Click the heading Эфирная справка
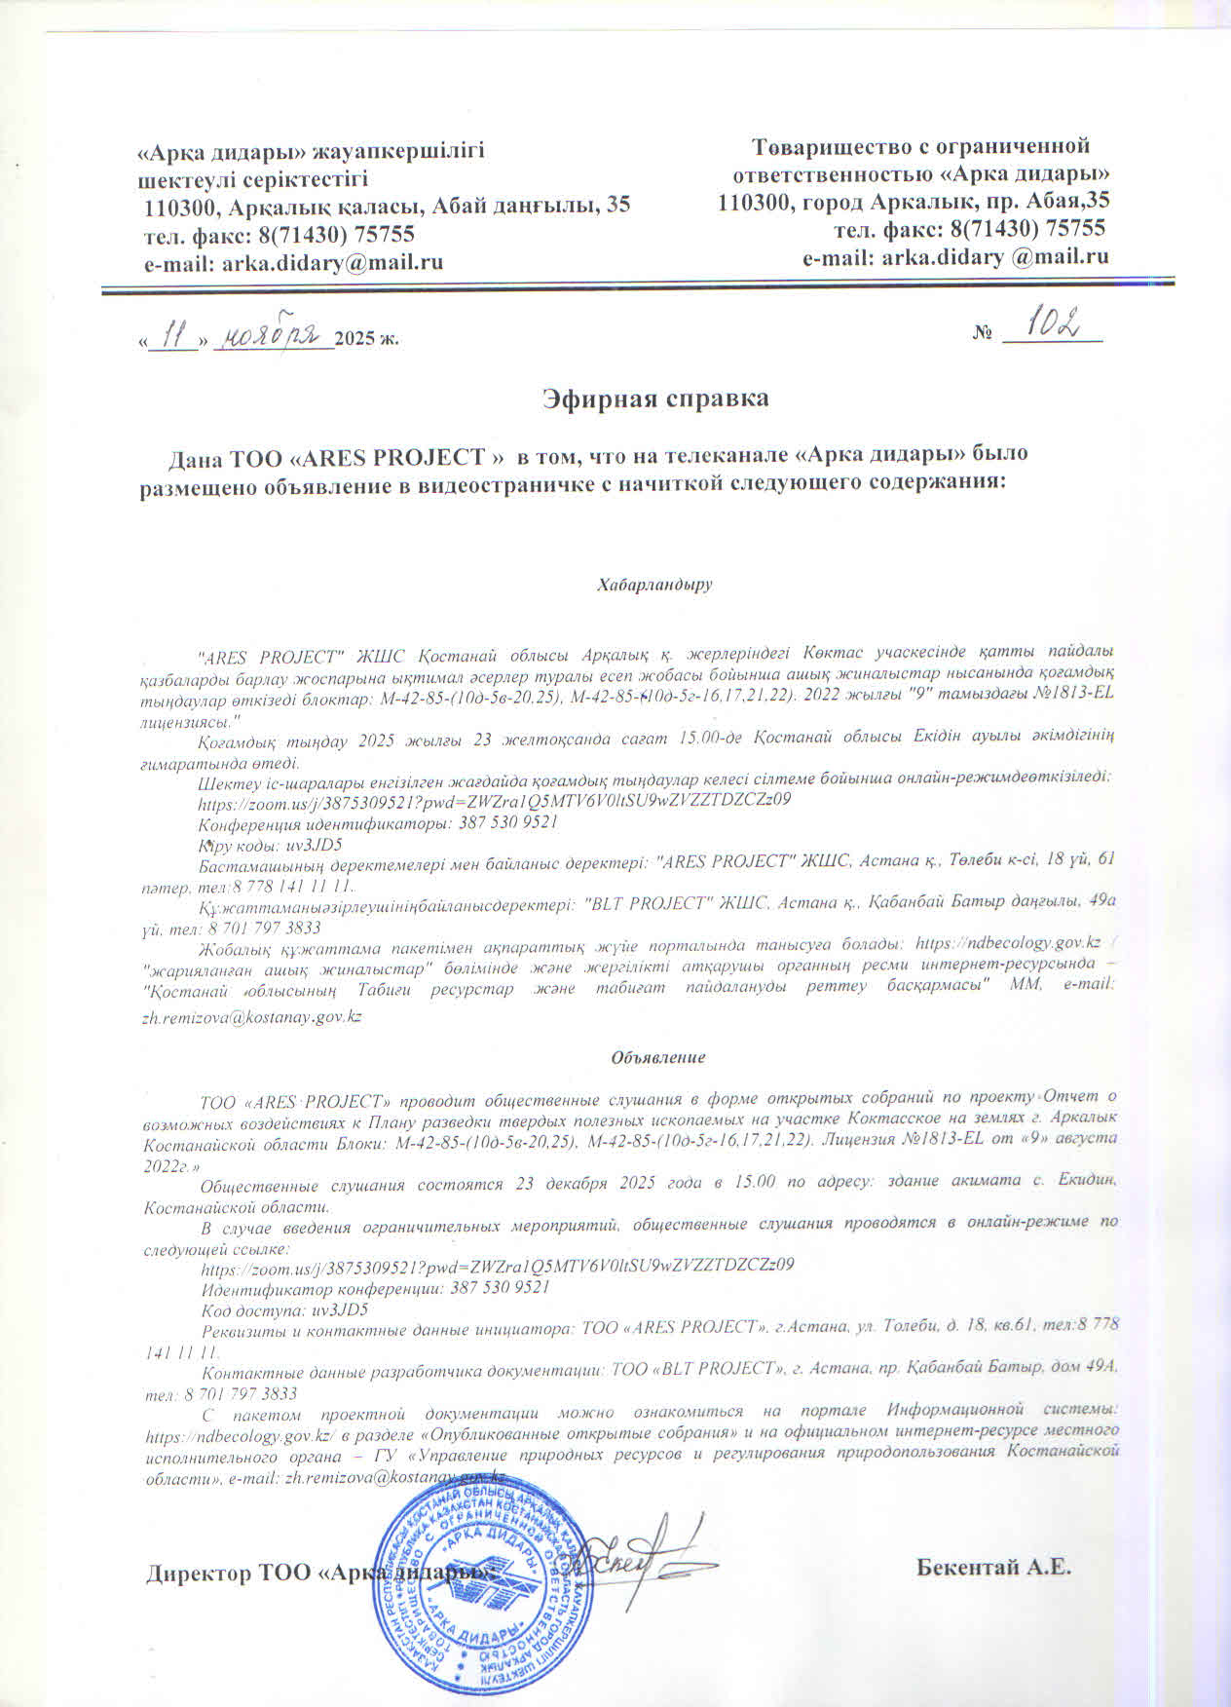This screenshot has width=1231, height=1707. click(x=655, y=398)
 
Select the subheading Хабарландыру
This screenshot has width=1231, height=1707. click(x=654, y=586)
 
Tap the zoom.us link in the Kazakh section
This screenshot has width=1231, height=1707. click(x=494, y=801)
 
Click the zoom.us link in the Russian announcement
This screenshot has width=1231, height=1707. click(x=497, y=1266)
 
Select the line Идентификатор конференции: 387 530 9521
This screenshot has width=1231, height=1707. click(x=375, y=1288)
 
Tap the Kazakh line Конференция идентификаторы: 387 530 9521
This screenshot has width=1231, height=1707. click(x=377, y=823)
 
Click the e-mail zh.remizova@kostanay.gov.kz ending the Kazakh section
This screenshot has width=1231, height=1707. click(x=253, y=1016)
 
